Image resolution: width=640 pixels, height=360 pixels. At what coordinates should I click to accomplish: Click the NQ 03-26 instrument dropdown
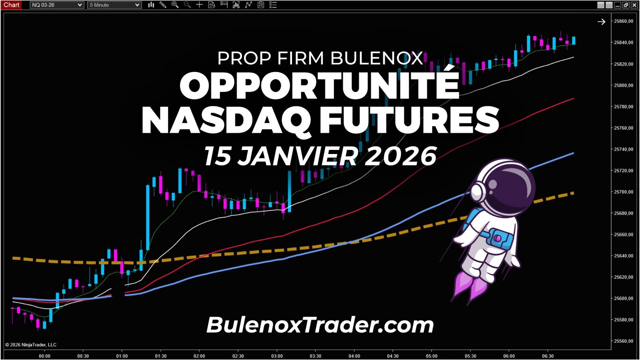click(x=57, y=5)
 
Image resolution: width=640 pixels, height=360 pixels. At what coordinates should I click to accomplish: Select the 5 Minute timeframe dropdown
click(x=114, y=5)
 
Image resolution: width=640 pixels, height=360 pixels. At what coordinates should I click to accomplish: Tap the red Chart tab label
click(x=11, y=5)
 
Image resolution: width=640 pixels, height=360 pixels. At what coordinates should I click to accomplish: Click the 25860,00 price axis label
click(x=624, y=21)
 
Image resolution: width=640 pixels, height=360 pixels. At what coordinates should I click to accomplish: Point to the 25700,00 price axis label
click(x=624, y=192)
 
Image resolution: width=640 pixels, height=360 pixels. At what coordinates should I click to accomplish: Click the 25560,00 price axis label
click(x=624, y=341)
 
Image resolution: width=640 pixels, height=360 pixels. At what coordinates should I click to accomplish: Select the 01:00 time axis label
click(x=122, y=356)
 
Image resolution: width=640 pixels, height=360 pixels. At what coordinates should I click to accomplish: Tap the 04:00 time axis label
click(x=354, y=356)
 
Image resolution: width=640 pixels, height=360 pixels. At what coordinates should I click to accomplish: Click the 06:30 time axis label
click(x=548, y=356)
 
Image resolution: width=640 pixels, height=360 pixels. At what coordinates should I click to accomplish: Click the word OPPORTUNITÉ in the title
click(x=320, y=86)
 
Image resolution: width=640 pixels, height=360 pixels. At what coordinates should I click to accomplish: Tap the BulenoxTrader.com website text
click(x=320, y=325)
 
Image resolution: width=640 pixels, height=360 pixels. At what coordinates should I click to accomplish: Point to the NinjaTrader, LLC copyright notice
click(x=31, y=345)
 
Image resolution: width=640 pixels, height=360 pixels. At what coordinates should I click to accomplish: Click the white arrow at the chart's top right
click(x=601, y=22)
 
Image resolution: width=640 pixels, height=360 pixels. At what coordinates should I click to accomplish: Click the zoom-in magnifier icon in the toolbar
click(x=175, y=5)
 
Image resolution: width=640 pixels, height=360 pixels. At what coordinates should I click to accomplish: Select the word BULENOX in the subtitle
click(x=377, y=58)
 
